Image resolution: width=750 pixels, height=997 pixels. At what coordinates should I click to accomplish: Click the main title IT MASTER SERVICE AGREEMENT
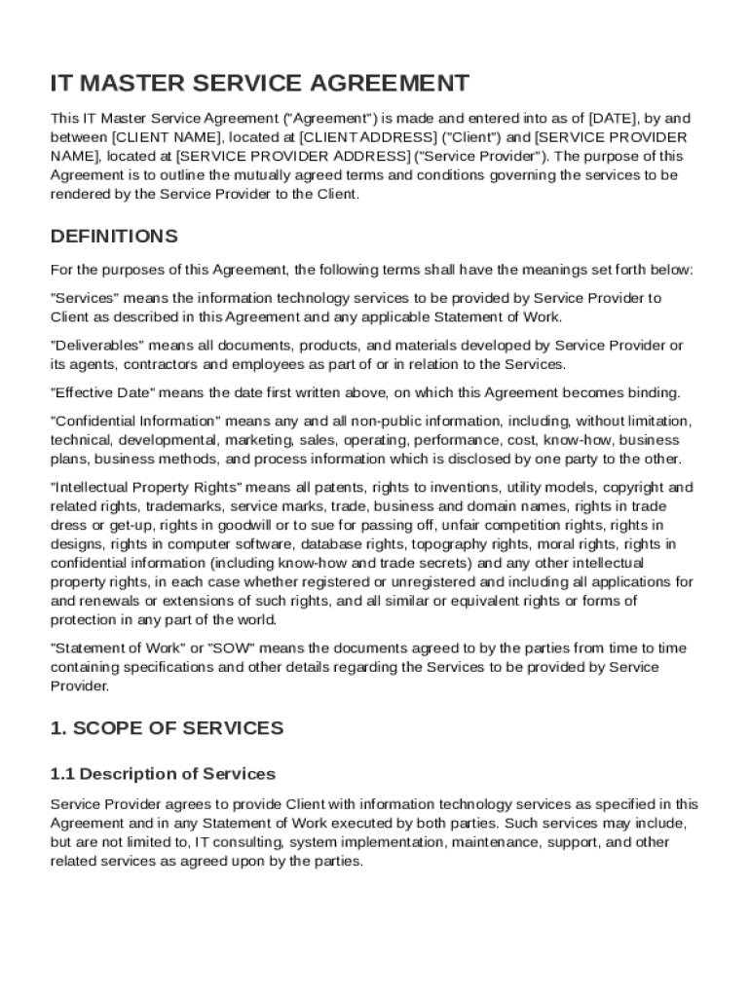[259, 84]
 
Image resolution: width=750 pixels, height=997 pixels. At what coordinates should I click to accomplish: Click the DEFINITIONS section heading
[114, 237]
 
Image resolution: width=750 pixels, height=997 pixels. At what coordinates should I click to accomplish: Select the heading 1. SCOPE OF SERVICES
[167, 728]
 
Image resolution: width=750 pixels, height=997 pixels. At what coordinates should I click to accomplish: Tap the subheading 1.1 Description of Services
[163, 774]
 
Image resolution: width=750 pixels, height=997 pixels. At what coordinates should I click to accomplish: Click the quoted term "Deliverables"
[97, 346]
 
